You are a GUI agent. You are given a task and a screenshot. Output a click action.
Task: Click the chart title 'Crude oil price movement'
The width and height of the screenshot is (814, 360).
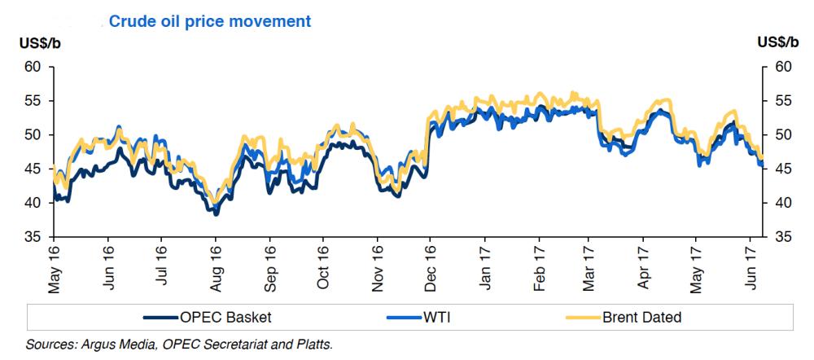209,20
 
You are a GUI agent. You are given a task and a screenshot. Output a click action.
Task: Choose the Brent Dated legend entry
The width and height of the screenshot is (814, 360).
640,318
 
